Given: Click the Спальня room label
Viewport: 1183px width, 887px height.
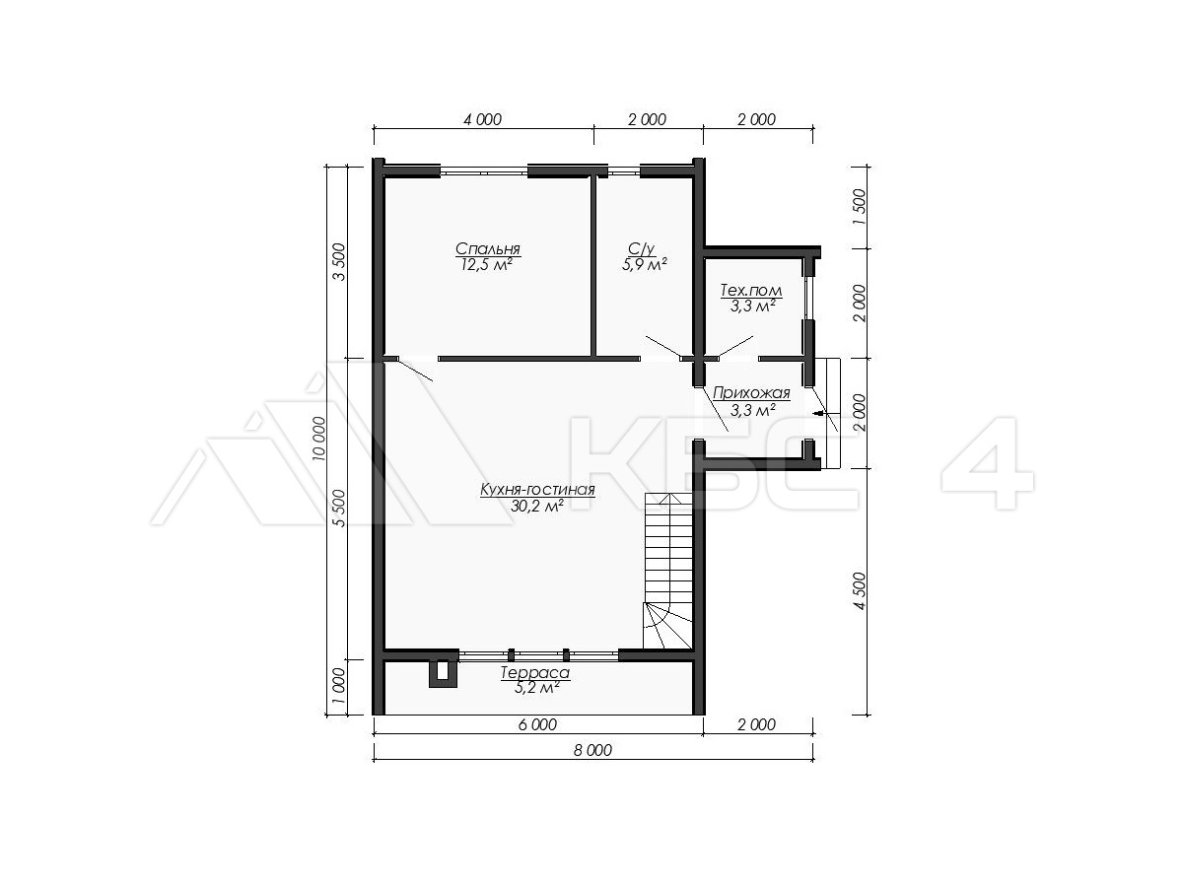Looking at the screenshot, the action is pyautogui.click(x=487, y=248).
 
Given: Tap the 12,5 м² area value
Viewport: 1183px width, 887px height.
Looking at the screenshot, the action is pyautogui.click(x=487, y=264).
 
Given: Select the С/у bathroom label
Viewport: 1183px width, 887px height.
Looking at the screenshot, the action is pyautogui.click(x=642, y=248).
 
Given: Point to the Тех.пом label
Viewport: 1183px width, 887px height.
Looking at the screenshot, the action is pyautogui.click(x=751, y=291).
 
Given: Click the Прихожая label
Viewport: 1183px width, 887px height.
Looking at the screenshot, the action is pyautogui.click(x=751, y=393).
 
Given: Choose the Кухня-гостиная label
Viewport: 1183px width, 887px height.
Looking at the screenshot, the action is pyautogui.click(x=537, y=490).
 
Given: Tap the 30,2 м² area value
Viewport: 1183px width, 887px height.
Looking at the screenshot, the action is pyautogui.click(x=537, y=506).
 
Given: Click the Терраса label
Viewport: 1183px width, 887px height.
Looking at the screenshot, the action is pyautogui.click(x=535, y=673).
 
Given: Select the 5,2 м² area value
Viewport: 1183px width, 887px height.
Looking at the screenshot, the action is pyautogui.click(x=535, y=688).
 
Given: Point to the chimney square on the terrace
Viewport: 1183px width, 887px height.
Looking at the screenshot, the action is pyautogui.click(x=443, y=673).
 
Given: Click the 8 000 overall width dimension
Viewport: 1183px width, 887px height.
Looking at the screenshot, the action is pyautogui.click(x=592, y=750).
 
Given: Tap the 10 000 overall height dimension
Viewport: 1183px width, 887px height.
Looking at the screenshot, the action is pyautogui.click(x=320, y=439).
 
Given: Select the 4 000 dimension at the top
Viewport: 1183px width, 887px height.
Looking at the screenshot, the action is pyautogui.click(x=482, y=119).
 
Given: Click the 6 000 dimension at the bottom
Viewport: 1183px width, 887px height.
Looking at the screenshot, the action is pyautogui.click(x=537, y=725).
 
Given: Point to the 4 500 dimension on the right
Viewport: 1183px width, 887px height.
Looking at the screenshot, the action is pyautogui.click(x=860, y=590).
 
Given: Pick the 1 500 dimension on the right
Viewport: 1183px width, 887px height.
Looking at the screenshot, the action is pyautogui.click(x=860, y=207).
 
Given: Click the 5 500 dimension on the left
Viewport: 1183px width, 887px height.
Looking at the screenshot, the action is pyautogui.click(x=339, y=508).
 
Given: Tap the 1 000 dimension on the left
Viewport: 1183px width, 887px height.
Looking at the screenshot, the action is pyautogui.click(x=339, y=686).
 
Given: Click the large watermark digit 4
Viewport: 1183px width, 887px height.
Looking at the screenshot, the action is pyautogui.click(x=988, y=463).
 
